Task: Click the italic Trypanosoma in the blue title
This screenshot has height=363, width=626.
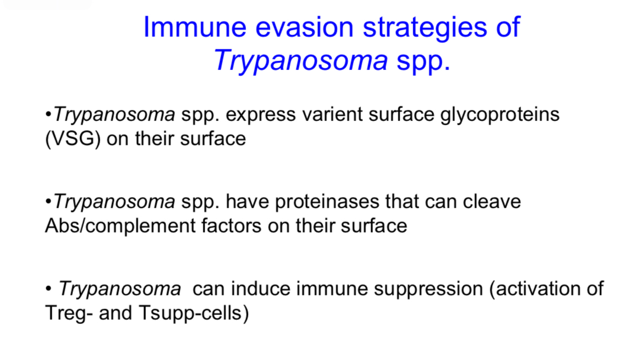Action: tap(301, 61)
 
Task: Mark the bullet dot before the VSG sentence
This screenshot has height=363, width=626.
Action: tap(48, 114)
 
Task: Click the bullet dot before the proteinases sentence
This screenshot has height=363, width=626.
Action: tap(48, 202)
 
